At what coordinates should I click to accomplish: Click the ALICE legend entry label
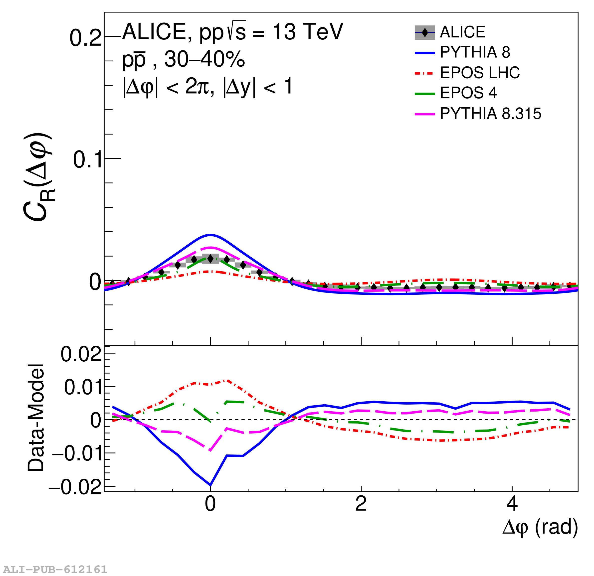tap(462, 32)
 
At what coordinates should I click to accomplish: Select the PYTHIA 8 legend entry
tap(475, 52)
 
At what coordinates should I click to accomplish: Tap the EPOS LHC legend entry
tap(479, 73)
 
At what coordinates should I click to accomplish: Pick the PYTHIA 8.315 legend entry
tap(490, 114)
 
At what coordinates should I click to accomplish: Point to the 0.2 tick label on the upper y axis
tap(85, 38)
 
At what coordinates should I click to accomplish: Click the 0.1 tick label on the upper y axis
tap(87, 160)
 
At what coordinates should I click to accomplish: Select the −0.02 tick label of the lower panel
tap(75, 487)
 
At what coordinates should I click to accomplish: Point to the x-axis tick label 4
tap(512, 504)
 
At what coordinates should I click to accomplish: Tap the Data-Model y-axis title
tap(36, 418)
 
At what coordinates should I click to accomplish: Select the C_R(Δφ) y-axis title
tap(38, 177)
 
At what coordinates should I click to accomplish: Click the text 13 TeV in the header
tap(308, 31)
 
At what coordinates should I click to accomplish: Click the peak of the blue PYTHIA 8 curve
tap(210, 235)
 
